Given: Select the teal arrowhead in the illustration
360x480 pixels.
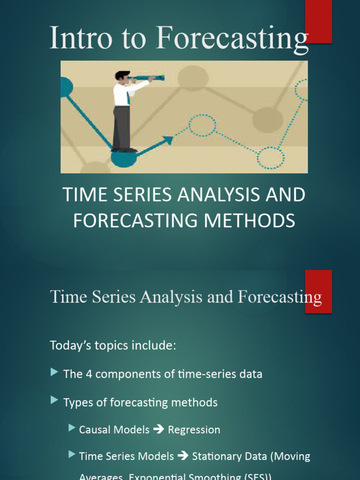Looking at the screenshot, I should (x=167, y=140).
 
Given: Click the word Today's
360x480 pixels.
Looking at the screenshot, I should (x=70, y=346).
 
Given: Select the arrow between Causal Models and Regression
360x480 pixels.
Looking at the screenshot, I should (x=158, y=429).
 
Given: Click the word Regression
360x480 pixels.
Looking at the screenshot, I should (x=194, y=429).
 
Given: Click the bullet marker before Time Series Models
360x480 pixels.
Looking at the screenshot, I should (x=72, y=454).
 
